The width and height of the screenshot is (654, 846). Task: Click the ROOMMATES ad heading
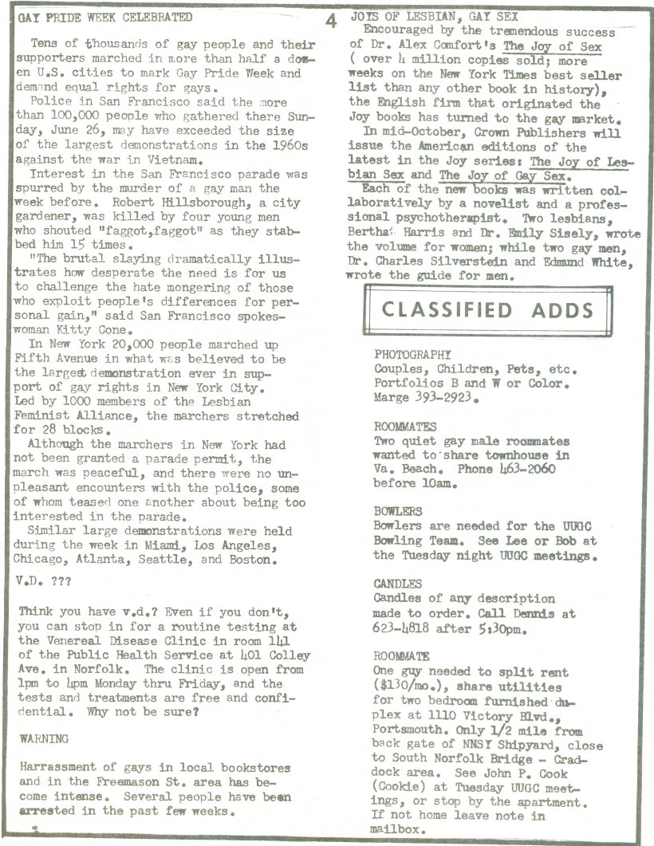pyautogui.click(x=405, y=427)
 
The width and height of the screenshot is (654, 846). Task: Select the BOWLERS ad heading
pyautogui.click(x=398, y=511)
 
